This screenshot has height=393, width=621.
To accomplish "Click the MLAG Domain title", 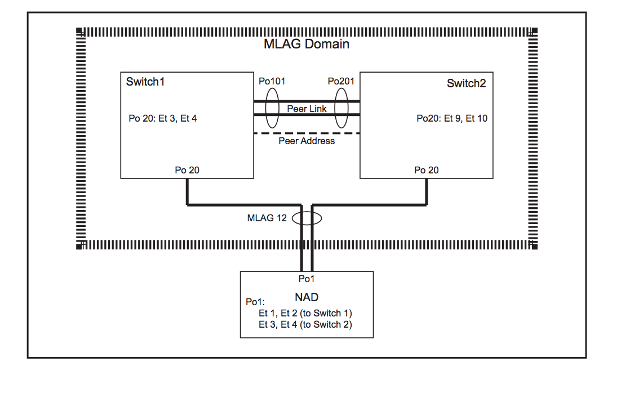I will coord(307,44).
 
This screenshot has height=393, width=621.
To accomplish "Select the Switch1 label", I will coord(145,82).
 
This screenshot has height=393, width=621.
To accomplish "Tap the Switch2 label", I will coord(466,83).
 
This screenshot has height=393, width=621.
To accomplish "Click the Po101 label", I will coord(272,81).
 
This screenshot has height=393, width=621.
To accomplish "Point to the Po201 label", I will coord(341,81).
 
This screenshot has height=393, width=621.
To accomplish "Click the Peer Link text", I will coord(307,109).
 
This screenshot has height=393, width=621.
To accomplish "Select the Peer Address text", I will coord(307,141).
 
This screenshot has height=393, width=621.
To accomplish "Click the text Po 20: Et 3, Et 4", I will coord(163,119).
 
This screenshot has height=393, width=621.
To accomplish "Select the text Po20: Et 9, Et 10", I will coord(452,118).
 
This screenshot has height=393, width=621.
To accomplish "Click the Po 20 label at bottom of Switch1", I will coord(187,170).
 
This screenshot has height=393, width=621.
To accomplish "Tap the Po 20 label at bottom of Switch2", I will coord(426,170).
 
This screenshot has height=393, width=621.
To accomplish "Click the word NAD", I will coord(306,297).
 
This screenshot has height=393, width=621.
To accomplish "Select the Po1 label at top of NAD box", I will coord(307,279).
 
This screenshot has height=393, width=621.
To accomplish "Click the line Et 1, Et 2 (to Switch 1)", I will coord(305,313).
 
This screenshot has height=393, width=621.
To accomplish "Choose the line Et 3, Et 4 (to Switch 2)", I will coord(305,324).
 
